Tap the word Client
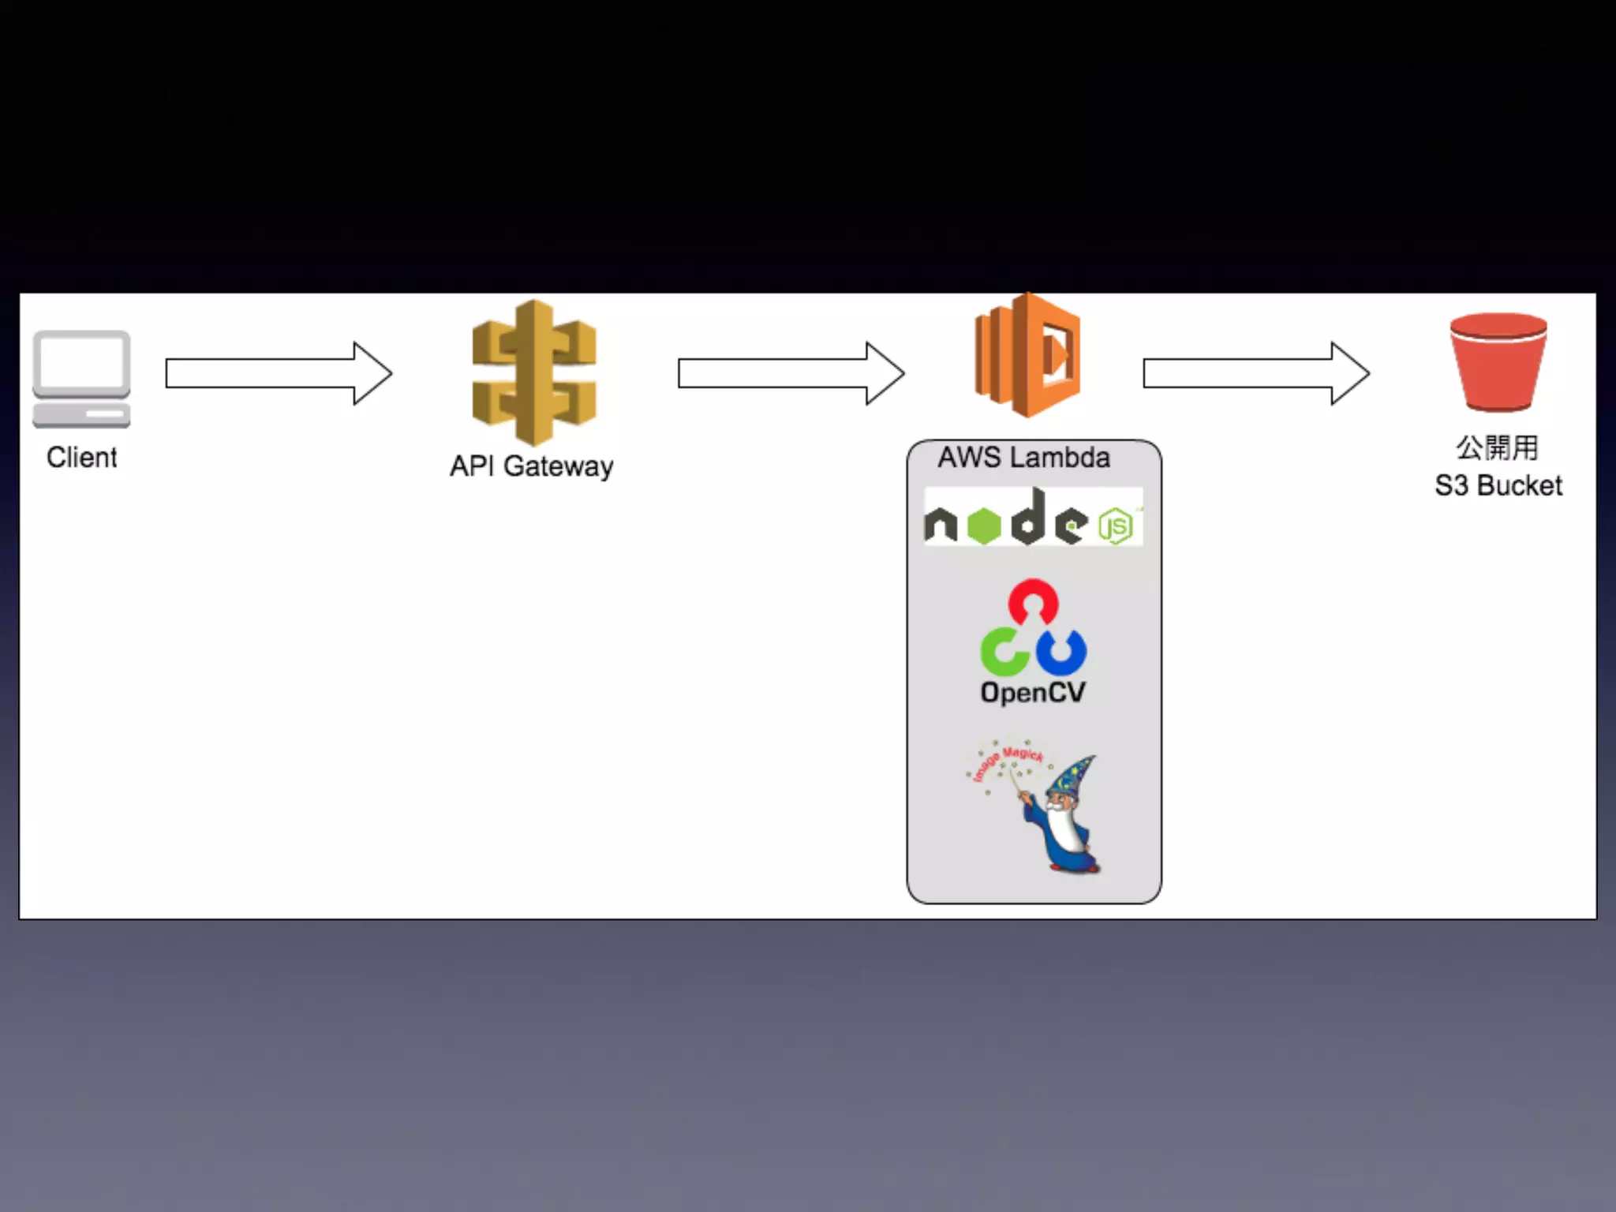[81, 458]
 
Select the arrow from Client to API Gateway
[278, 373]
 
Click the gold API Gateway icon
[534, 372]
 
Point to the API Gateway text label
[531, 466]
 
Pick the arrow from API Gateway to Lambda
[791, 373]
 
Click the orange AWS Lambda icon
[1027, 355]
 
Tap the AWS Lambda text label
[1023, 458]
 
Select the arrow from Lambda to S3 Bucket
[1255, 373]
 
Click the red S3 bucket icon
[1498, 362]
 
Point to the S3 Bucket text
[1498, 486]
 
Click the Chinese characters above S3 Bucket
[1497, 447]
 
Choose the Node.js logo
[1032, 518]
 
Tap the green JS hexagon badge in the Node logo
[1116, 526]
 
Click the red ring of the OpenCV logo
[1033, 602]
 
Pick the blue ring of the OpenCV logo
[1062, 652]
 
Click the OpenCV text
[1032, 693]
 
